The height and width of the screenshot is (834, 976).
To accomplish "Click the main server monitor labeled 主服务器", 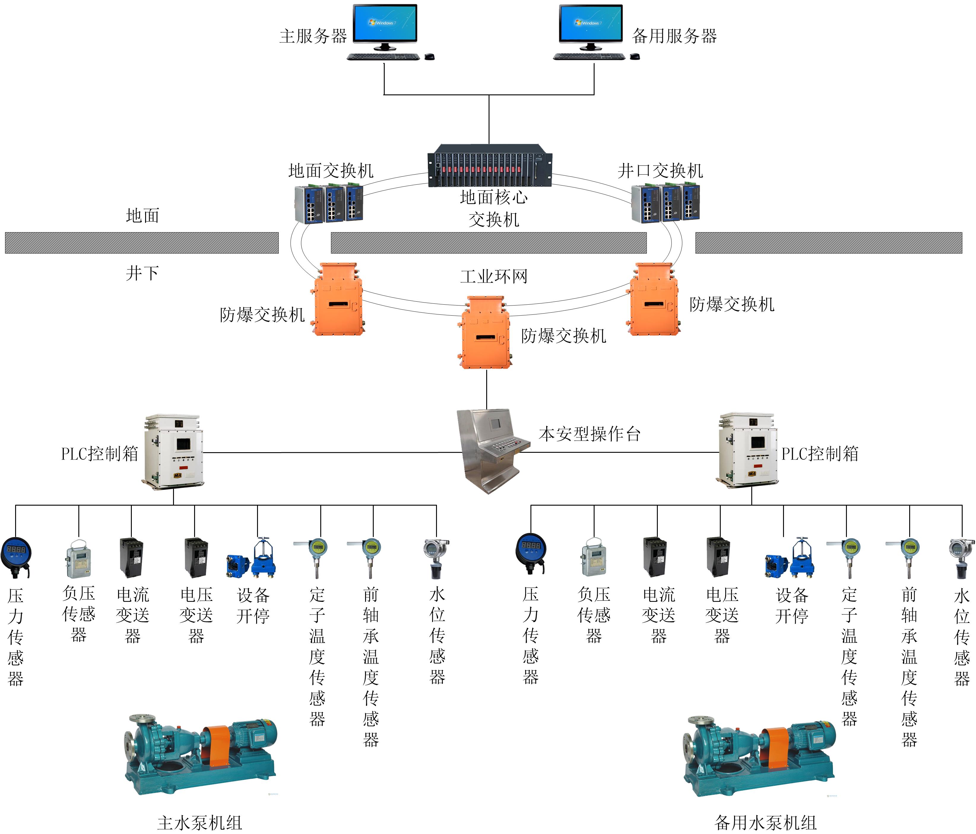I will click(385, 23).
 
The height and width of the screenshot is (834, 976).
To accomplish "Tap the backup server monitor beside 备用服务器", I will click(591, 23).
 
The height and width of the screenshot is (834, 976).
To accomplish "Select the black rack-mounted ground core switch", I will click(489, 166).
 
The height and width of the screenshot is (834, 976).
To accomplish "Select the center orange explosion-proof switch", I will click(485, 333).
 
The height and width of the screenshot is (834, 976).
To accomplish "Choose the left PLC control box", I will click(173, 451).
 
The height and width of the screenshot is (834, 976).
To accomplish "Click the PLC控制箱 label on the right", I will click(820, 454).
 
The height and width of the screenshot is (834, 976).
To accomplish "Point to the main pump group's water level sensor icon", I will click(436, 559).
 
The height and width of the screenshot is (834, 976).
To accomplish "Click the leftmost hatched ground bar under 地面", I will click(141, 243).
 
